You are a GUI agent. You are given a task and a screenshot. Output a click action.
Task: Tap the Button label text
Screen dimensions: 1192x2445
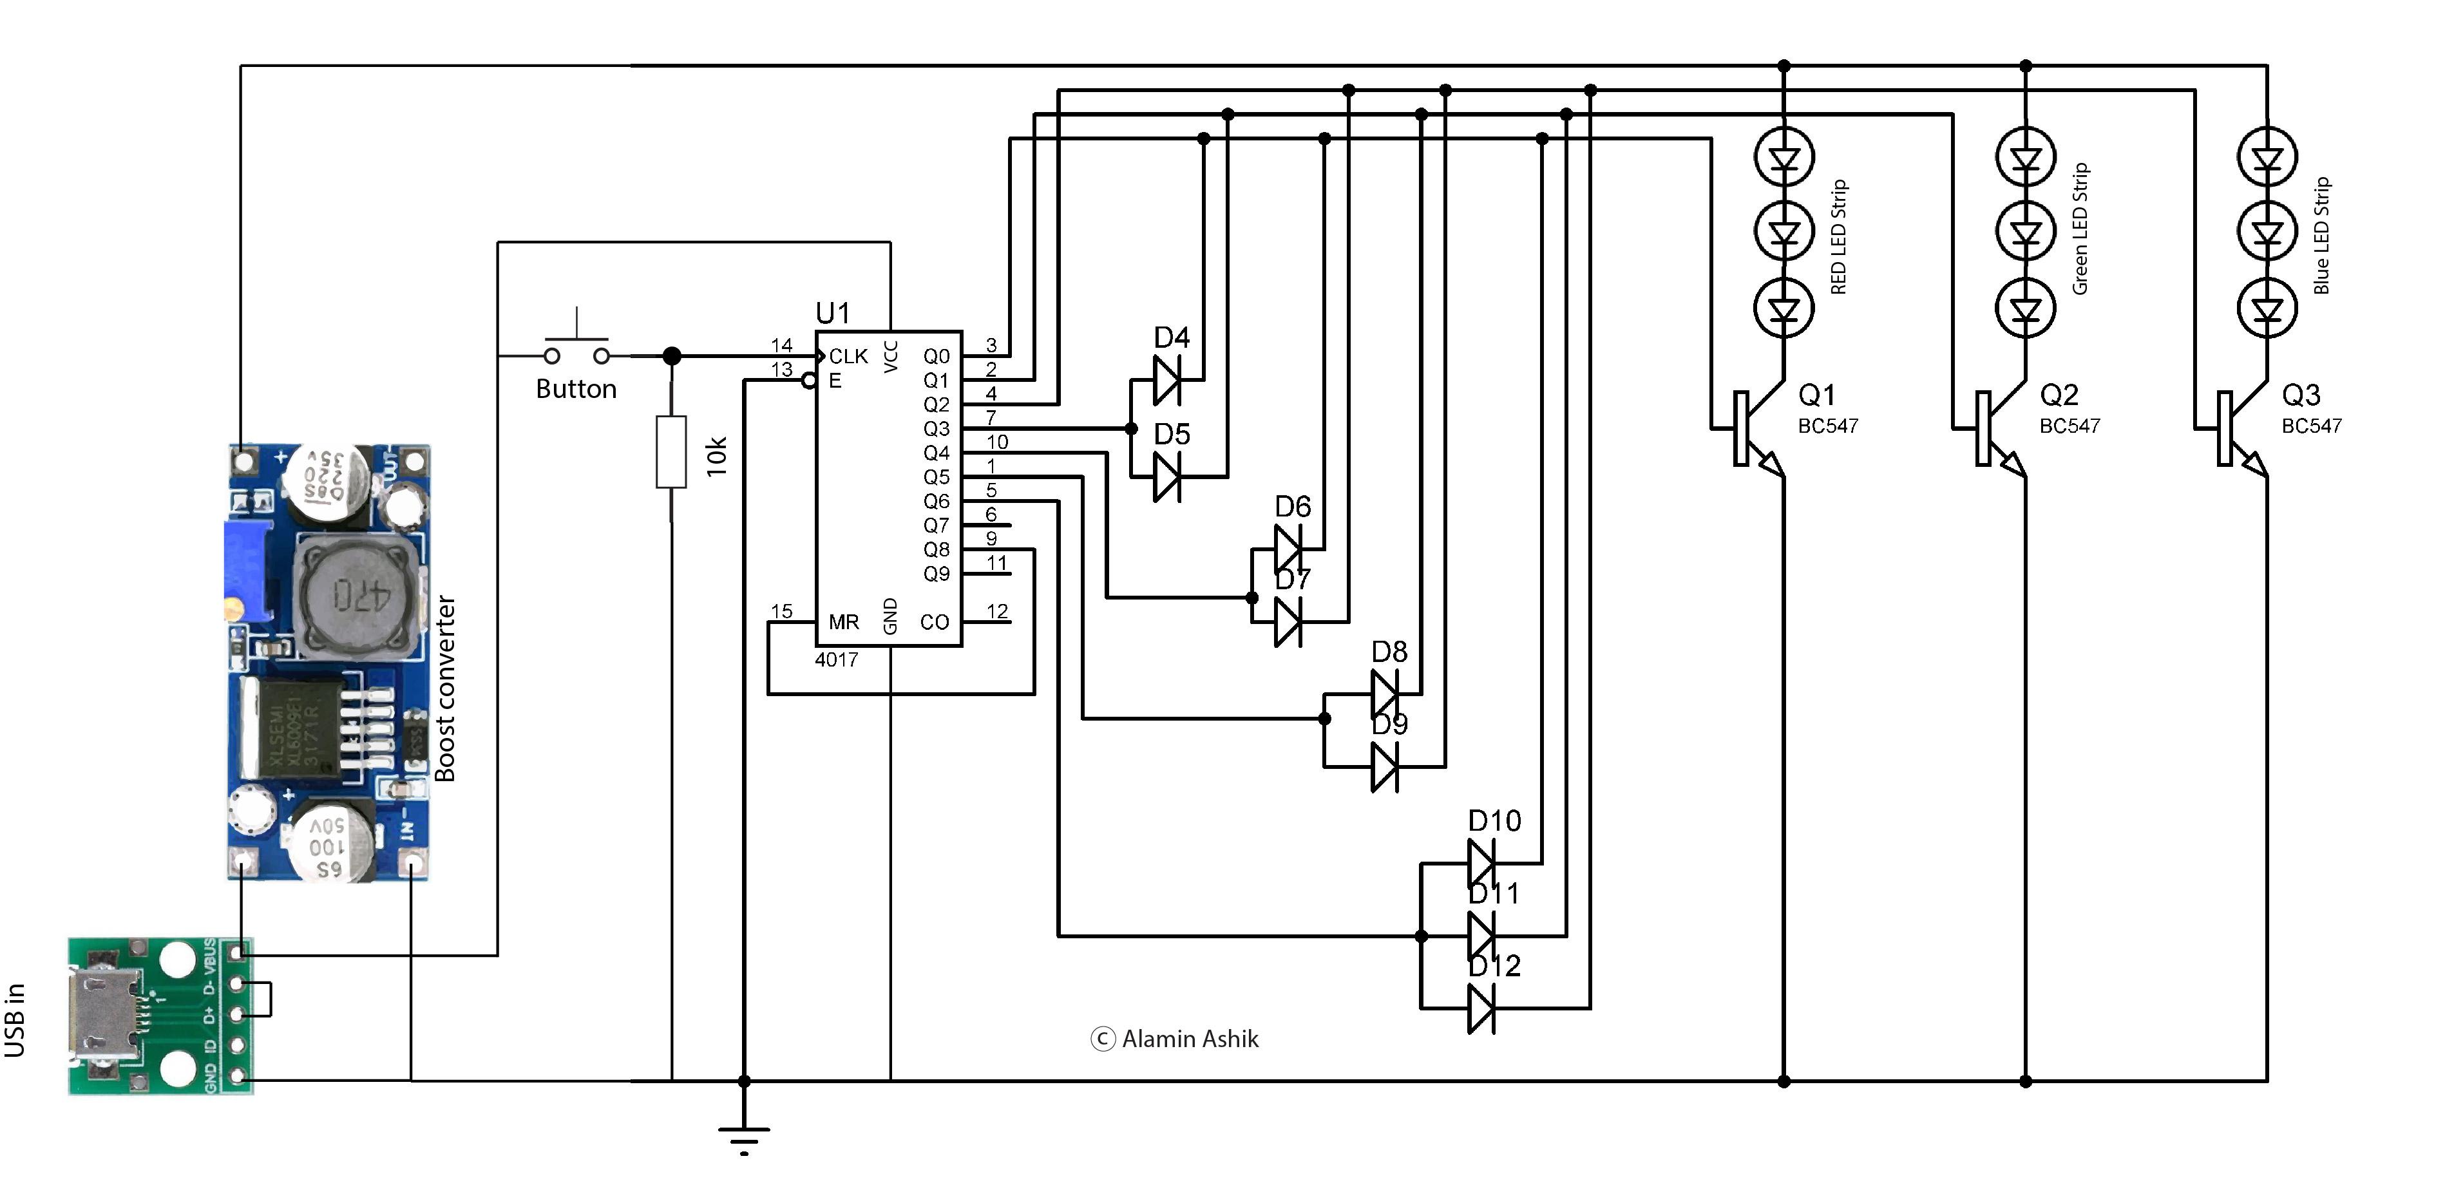576,389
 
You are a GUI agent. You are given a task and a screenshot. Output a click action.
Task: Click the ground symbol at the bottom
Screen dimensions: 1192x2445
744,1136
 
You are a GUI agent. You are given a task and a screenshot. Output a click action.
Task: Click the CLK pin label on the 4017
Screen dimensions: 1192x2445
848,356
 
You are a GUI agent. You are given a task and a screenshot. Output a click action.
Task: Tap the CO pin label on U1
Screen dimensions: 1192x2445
934,623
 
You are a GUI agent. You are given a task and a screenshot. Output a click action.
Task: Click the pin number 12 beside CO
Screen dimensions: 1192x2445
996,611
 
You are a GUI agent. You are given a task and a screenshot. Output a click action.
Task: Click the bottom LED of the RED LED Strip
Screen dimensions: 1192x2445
1784,309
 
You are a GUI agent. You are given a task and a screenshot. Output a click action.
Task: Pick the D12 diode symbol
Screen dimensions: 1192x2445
1481,1008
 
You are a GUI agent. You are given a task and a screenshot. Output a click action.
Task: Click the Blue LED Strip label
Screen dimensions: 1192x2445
2321,235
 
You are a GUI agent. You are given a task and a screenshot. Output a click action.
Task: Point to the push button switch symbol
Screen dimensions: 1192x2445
576,347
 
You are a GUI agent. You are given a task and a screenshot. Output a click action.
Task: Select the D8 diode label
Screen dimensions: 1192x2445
1389,652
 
